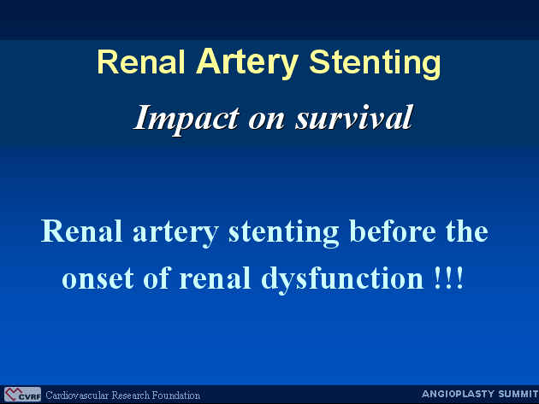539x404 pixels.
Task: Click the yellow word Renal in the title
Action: [141, 62]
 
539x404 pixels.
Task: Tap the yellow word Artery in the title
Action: [247, 64]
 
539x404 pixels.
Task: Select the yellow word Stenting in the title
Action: [375, 64]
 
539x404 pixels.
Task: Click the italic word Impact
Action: [187, 119]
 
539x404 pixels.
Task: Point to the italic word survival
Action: [353, 117]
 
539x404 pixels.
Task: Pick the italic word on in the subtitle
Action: [267, 120]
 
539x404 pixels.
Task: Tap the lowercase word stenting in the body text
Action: [283, 232]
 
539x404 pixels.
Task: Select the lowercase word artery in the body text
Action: [175, 233]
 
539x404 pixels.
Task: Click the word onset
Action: [98, 278]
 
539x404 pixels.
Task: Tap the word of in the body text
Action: [157, 277]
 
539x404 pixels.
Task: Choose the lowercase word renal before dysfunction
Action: [215, 278]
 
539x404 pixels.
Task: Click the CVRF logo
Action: [23, 395]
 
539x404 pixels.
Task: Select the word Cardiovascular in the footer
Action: [77, 395]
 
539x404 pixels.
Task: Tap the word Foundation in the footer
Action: [176, 395]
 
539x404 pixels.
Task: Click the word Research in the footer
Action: [130, 395]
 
